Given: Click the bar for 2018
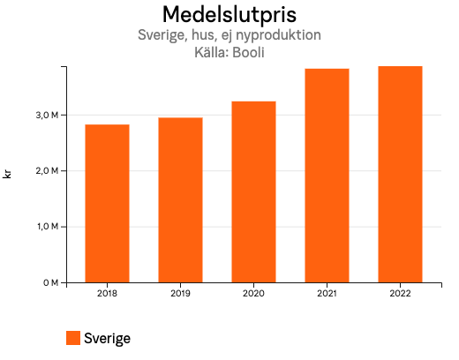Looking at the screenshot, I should [x=107, y=203].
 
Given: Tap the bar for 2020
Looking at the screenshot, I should [x=253, y=191].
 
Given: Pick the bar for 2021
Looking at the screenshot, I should [x=327, y=175].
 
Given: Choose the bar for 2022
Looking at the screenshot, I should [x=400, y=174].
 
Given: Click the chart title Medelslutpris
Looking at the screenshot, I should [x=229, y=15].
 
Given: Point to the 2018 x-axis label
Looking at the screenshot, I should [x=107, y=292].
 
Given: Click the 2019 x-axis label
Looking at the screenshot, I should [x=180, y=292].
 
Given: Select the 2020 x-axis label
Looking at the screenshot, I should [x=253, y=292].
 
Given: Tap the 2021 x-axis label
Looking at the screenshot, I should [x=327, y=292].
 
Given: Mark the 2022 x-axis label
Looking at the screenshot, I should [x=400, y=292].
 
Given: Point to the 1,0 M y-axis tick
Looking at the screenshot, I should [x=48, y=227].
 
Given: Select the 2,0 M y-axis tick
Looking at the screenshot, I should [x=48, y=170].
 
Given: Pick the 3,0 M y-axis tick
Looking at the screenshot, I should [x=48, y=115].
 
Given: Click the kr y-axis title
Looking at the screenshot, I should [x=8, y=175].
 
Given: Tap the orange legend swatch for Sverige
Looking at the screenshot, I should [x=73, y=338].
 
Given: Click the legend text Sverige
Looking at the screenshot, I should [x=107, y=338].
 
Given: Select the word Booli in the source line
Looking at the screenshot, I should [x=248, y=52].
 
